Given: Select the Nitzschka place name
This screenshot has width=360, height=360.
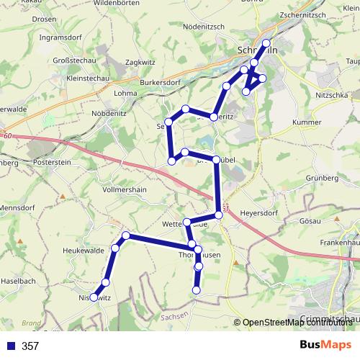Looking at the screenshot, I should click(332, 94).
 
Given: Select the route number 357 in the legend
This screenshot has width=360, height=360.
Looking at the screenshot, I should click(30, 346).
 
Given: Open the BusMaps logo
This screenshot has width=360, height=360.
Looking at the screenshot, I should click(325, 345).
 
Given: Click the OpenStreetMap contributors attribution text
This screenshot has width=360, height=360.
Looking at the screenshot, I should click(300, 323).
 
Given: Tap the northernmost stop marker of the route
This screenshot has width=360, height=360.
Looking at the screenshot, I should click(267, 42).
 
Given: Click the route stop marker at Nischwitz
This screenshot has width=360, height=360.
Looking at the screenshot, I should click(94, 297).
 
